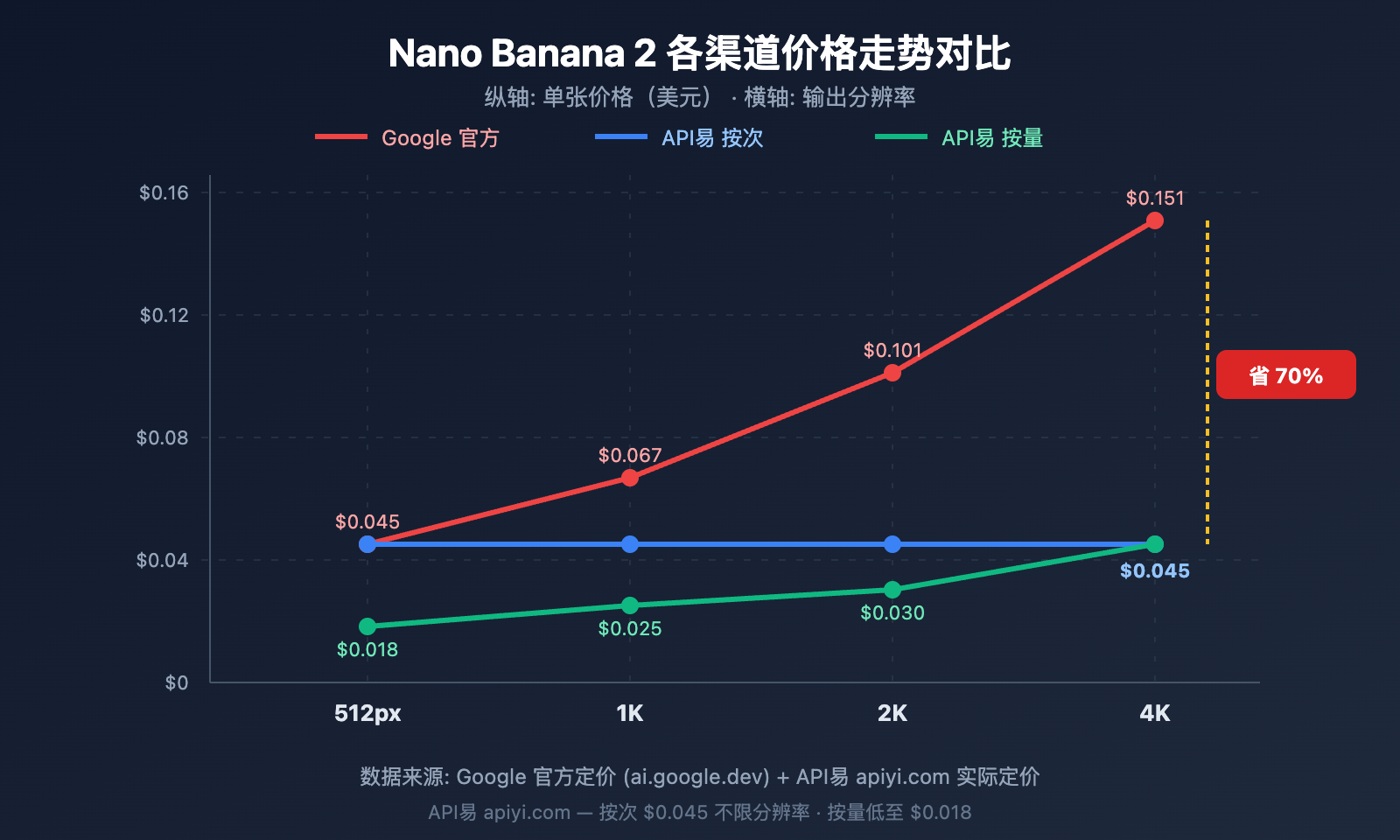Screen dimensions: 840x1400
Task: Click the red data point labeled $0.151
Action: pyautogui.click(x=1154, y=220)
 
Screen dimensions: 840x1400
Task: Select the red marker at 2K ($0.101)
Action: pyautogui.click(x=892, y=373)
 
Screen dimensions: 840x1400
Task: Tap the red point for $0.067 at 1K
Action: pyautogui.click(x=629, y=478)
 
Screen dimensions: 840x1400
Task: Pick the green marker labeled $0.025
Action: pyautogui.click(x=629, y=605)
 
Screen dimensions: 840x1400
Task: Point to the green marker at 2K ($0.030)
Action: pyautogui.click(x=892, y=590)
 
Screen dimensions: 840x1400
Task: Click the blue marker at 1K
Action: pyautogui.click(x=629, y=544)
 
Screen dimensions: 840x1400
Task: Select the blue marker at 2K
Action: pyautogui.click(x=892, y=544)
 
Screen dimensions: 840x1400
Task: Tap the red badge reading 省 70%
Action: pyautogui.click(x=1285, y=375)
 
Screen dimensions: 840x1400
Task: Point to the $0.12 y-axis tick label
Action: pyautogui.click(x=164, y=315)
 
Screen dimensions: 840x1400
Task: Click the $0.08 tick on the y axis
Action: pyautogui.click(x=162, y=437)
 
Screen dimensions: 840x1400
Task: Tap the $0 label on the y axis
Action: pyautogui.click(x=176, y=682)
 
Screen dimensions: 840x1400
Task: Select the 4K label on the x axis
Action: pyautogui.click(x=1154, y=713)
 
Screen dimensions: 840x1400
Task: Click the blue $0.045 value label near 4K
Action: pyautogui.click(x=1154, y=571)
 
